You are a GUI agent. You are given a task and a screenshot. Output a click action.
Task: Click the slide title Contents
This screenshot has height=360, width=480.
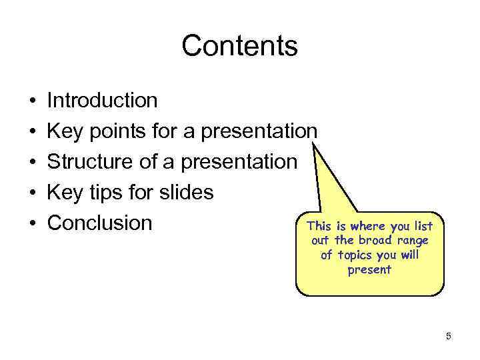239,46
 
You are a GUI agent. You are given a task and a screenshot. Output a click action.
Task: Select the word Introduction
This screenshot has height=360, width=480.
103,101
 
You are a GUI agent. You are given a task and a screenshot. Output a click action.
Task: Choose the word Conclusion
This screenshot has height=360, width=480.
100,223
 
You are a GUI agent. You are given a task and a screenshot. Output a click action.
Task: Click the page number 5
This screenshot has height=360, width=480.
449,337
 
